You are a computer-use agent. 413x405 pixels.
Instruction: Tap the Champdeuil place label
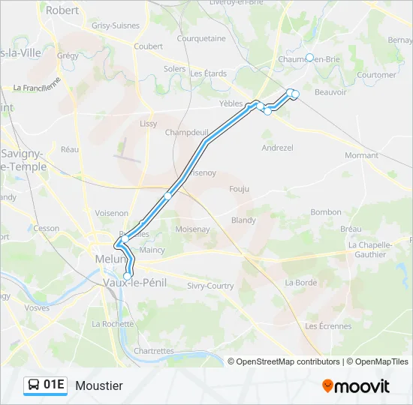coord(186,132)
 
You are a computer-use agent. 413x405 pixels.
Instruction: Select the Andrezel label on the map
coord(277,148)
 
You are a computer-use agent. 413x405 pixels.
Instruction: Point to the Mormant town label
coord(361,155)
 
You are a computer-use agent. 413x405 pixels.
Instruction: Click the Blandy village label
coord(243,220)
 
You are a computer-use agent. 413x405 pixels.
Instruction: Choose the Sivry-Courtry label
coord(210,286)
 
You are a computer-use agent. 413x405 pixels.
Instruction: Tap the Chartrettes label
coord(153,351)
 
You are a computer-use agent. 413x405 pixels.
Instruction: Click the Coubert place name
coord(148,46)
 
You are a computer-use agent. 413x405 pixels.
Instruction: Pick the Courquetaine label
coord(201,38)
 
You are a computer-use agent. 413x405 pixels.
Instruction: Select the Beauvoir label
coord(330,92)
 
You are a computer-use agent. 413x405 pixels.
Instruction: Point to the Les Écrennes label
coord(328,326)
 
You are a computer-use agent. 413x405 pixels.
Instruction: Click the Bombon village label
coord(326,212)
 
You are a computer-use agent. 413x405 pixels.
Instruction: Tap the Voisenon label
coord(111,213)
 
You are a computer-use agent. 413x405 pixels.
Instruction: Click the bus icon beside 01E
coord(34,385)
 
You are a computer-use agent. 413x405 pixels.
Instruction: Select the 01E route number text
coord(54,385)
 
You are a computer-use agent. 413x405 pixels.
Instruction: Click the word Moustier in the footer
coord(98,385)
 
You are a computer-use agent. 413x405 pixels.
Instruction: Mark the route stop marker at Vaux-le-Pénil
coord(127,276)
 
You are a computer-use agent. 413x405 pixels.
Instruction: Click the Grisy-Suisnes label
coord(116,25)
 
